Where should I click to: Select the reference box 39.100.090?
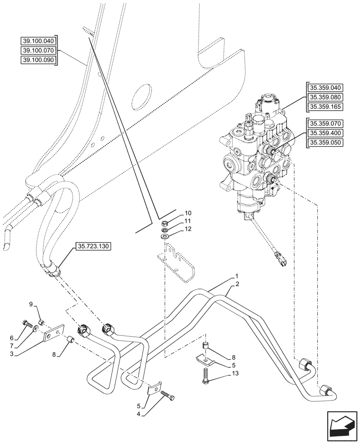[39, 60]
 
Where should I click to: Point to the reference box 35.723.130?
[94, 246]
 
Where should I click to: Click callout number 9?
[31, 304]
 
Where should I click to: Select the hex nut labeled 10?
[164, 223]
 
